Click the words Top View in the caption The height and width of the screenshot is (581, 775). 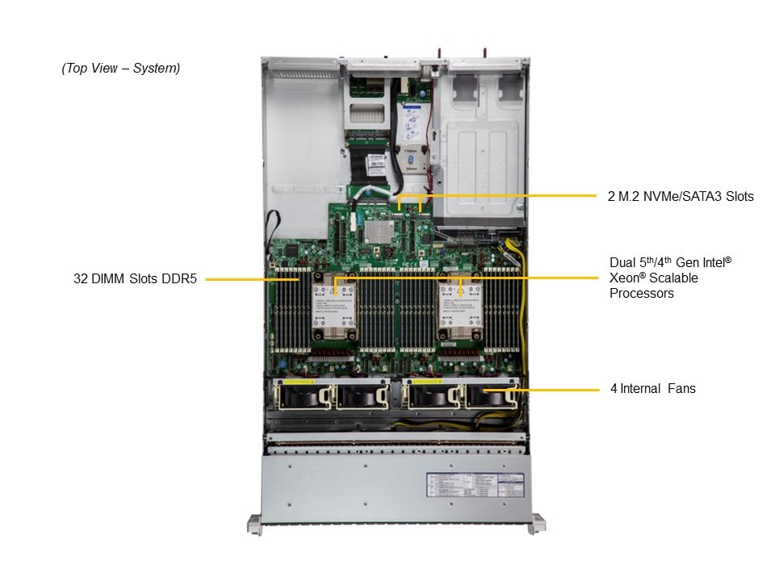(91, 69)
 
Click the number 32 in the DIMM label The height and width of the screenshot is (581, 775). (81, 279)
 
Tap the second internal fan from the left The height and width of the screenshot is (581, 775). (359, 395)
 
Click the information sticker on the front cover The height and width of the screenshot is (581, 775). (475, 487)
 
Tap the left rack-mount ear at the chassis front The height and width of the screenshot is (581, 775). (254, 525)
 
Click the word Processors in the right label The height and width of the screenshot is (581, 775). (642, 294)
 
